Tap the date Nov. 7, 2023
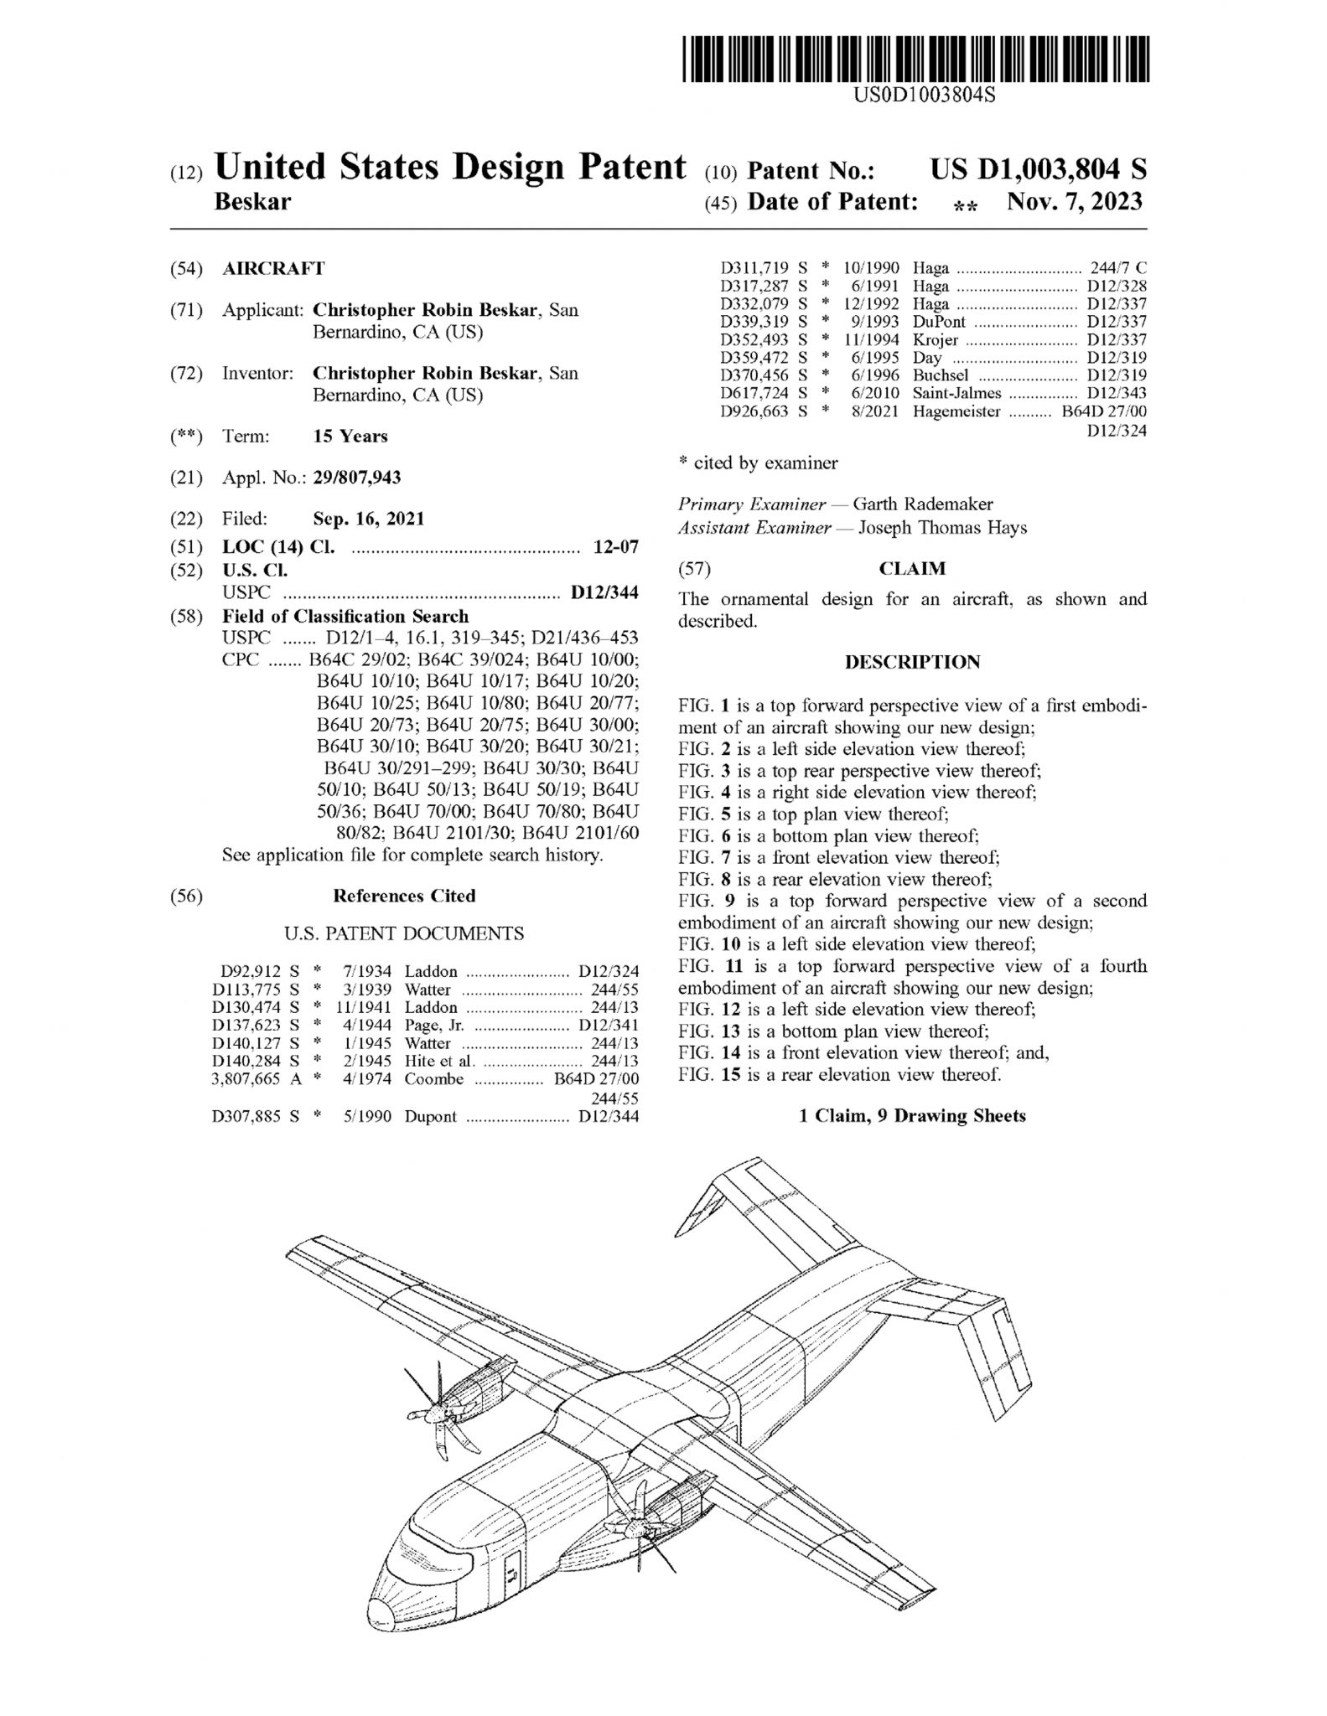coord(1075,202)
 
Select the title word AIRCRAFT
coord(273,269)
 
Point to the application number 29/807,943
coord(356,478)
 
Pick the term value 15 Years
coord(350,436)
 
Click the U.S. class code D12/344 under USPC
coord(604,593)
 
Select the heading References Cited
coord(404,896)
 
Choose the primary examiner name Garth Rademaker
coord(922,504)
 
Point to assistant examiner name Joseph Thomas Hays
coord(936,528)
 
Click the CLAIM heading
coord(912,569)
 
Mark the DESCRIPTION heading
coord(912,662)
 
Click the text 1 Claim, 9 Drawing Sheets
coord(912,1115)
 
